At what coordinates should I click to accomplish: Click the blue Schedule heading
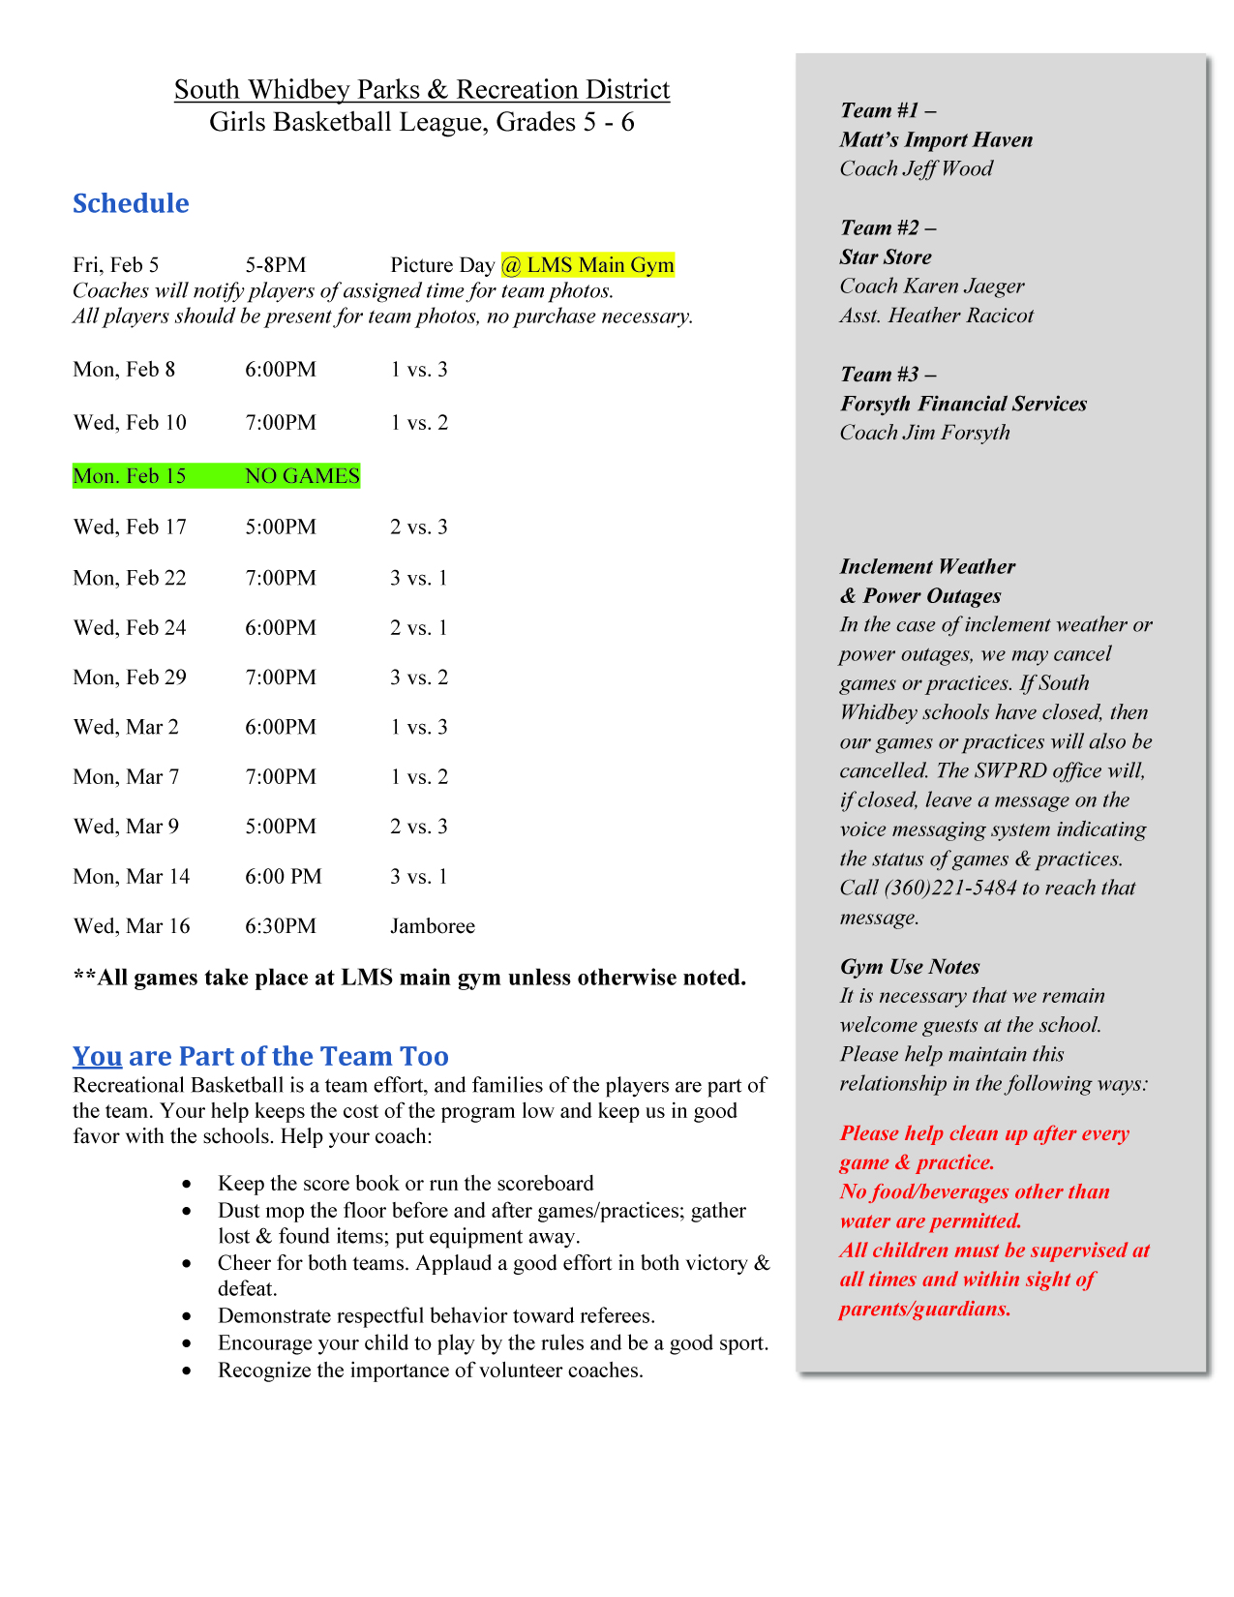click(131, 203)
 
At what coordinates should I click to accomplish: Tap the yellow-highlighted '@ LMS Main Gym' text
click(587, 265)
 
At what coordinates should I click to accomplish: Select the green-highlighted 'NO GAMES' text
click(302, 476)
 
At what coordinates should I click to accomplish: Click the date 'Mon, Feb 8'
click(124, 370)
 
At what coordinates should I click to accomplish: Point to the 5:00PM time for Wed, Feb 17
click(281, 527)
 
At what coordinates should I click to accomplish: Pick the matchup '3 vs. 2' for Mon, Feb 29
click(419, 678)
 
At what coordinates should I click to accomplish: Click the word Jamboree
click(433, 926)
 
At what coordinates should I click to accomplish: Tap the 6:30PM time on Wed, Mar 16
click(281, 926)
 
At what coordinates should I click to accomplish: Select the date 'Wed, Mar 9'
click(126, 827)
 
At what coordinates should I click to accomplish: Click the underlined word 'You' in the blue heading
click(97, 1056)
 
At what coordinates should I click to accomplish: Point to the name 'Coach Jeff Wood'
click(917, 168)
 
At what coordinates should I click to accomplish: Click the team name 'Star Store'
click(886, 257)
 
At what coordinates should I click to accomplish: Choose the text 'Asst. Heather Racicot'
click(937, 316)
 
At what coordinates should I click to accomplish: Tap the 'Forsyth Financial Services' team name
click(963, 404)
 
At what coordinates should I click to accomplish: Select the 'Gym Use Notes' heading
click(910, 967)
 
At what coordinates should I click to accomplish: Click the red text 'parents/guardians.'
click(925, 1310)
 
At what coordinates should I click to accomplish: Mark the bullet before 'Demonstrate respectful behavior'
click(187, 1316)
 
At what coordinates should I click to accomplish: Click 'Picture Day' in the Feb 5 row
click(442, 265)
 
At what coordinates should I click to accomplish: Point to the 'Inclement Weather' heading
click(927, 567)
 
